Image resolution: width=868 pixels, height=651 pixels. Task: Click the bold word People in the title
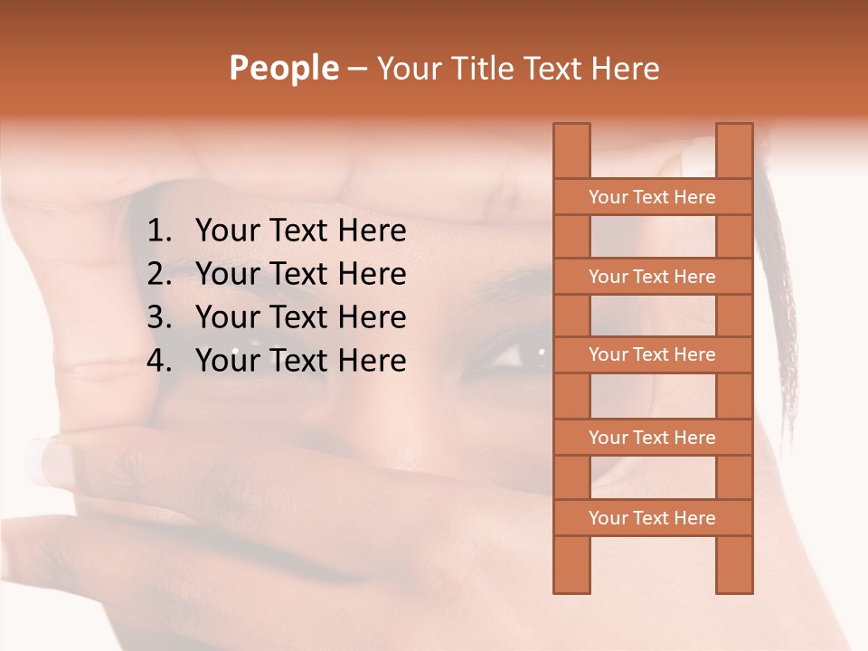pos(283,68)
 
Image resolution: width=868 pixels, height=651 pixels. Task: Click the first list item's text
pos(300,231)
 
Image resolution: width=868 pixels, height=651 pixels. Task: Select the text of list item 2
pos(300,274)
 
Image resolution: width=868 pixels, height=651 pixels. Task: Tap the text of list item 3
pos(300,317)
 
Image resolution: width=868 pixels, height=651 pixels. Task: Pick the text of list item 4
pos(300,361)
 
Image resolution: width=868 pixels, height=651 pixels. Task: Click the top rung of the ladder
pos(652,197)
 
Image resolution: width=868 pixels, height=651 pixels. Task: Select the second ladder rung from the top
pos(652,277)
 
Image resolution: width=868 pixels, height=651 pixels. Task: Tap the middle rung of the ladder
pos(652,354)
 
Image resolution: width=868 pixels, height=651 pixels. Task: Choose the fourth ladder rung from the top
pos(652,438)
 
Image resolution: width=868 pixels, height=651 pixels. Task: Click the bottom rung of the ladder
pos(652,518)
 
